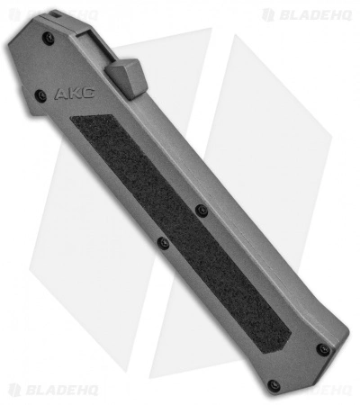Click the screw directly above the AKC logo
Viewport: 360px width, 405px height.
click(x=50, y=39)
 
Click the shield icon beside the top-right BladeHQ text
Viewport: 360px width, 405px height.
click(x=268, y=14)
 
